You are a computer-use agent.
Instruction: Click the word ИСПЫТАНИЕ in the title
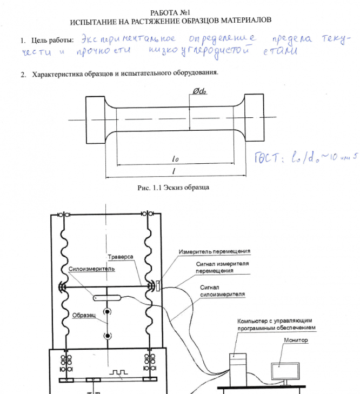(x=97, y=21)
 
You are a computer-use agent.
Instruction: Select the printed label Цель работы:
(x=52, y=41)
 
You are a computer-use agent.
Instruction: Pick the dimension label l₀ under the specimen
(x=175, y=159)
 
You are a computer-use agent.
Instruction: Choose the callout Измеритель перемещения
(x=215, y=251)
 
